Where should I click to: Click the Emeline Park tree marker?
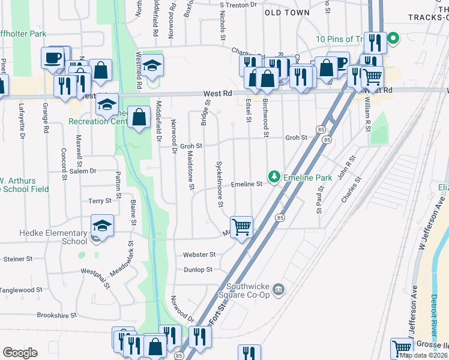click(274, 176)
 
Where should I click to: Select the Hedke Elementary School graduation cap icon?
click(102, 227)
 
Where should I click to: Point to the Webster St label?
click(199, 255)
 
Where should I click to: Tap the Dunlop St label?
click(198, 270)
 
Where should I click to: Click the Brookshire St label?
click(57, 315)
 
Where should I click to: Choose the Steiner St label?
click(17, 259)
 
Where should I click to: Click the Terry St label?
click(100, 202)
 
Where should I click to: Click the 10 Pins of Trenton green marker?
click(393, 40)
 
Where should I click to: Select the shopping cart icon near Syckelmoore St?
click(241, 227)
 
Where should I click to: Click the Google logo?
click(20, 353)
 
